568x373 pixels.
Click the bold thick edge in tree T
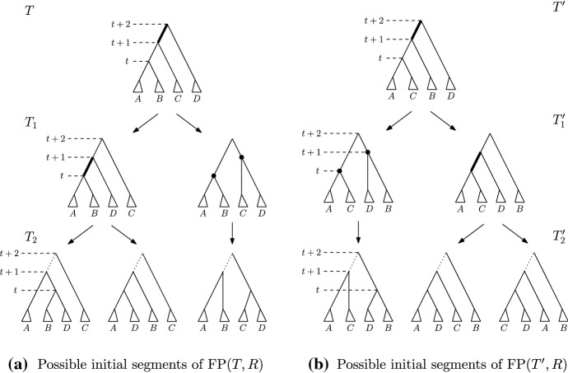point(163,34)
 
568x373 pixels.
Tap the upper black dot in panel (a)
point(241,156)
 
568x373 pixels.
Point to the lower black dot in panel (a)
point(213,176)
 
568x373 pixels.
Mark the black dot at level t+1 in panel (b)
point(368,152)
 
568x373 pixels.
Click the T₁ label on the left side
point(31,124)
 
